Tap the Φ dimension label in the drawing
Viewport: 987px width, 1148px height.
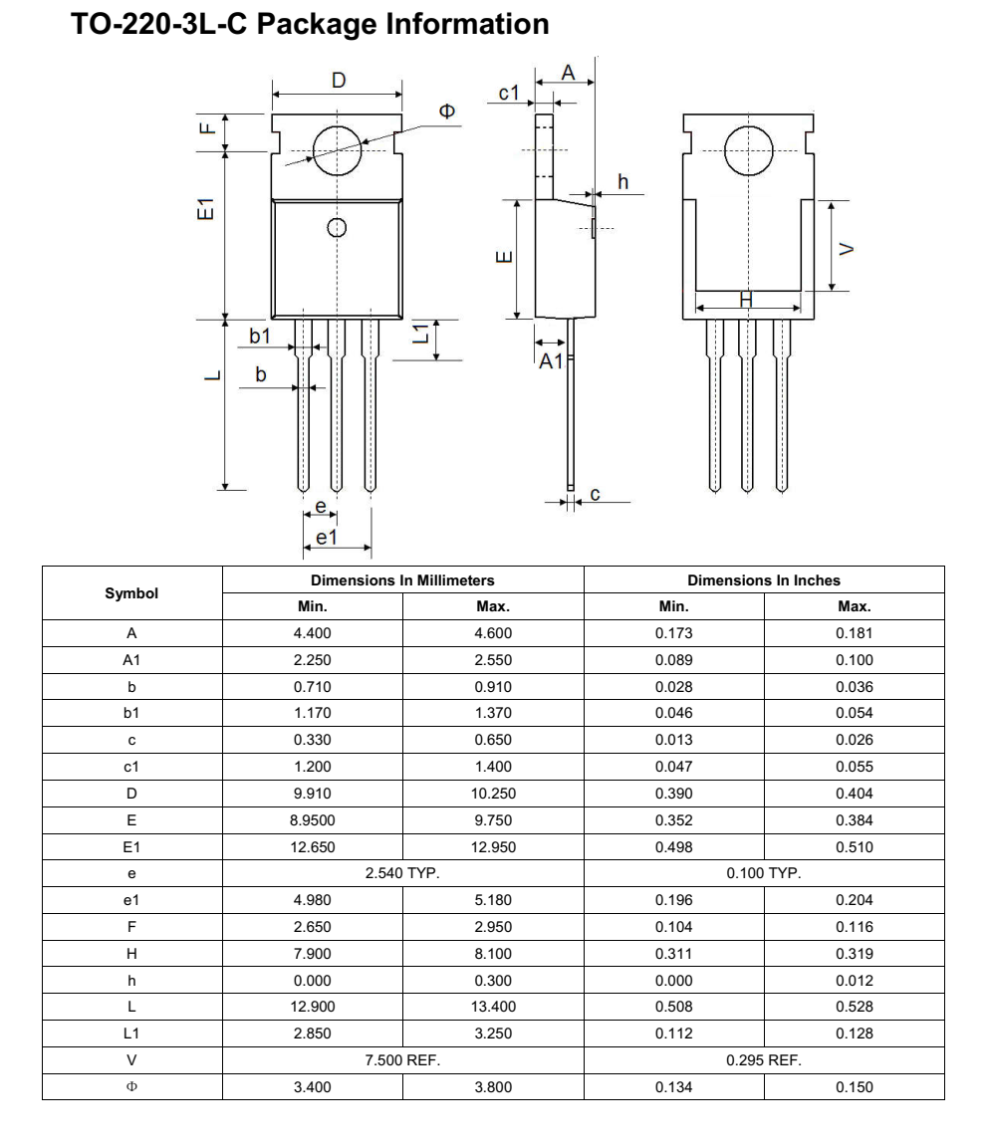point(447,111)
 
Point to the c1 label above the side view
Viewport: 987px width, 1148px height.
point(509,93)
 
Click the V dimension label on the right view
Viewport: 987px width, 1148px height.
point(847,248)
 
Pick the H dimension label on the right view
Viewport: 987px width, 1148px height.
point(746,298)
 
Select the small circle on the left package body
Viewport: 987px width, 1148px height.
point(338,227)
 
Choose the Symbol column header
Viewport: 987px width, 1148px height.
point(131,592)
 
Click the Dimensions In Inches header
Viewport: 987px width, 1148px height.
point(763,579)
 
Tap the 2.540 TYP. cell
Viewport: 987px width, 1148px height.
point(402,874)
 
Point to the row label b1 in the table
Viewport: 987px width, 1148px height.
point(131,714)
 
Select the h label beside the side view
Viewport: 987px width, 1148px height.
point(623,180)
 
